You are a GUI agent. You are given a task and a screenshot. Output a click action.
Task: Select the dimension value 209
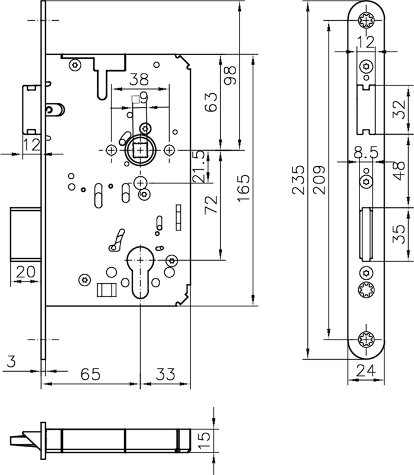click(x=319, y=178)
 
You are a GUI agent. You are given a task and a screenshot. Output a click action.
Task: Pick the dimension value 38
click(x=139, y=78)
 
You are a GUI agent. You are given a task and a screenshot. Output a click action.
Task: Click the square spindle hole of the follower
click(x=139, y=150)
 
